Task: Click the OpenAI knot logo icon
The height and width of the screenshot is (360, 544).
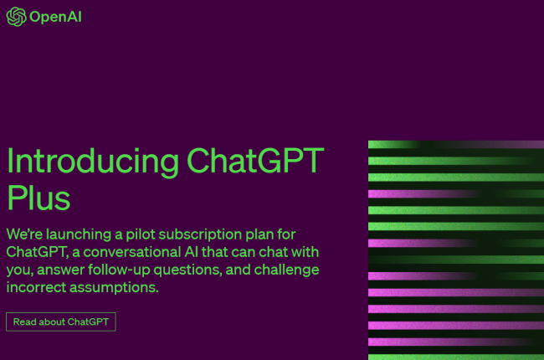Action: click(x=16, y=17)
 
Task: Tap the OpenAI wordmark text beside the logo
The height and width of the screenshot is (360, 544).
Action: click(x=55, y=17)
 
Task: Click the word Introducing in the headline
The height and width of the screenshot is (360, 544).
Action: click(x=93, y=161)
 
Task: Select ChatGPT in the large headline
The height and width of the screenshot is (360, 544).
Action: click(x=255, y=160)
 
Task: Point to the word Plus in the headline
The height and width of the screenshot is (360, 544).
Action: click(x=38, y=198)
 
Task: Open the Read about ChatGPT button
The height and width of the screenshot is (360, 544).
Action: click(x=61, y=321)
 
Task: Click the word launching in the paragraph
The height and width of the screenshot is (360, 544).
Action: click(x=79, y=235)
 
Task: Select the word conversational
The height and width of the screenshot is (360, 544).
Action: click(x=132, y=252)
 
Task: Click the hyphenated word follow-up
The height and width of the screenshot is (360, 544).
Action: click(x=119, y=270)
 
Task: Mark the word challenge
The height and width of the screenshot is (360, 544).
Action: click(x=286, y=270)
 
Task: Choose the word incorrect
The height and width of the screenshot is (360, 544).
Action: click(x=36, y=287)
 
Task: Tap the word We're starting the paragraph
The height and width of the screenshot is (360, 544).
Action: click(x=24, y=234)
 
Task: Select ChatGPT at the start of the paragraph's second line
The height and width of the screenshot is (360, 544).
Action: click(x=37, y=252)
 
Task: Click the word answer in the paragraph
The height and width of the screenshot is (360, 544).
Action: click(x=60, y=270)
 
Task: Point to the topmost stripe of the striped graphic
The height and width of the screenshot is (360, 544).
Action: click(x=456, y=144)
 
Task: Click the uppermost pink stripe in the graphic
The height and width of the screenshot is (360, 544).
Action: click(x=423, y=193)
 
